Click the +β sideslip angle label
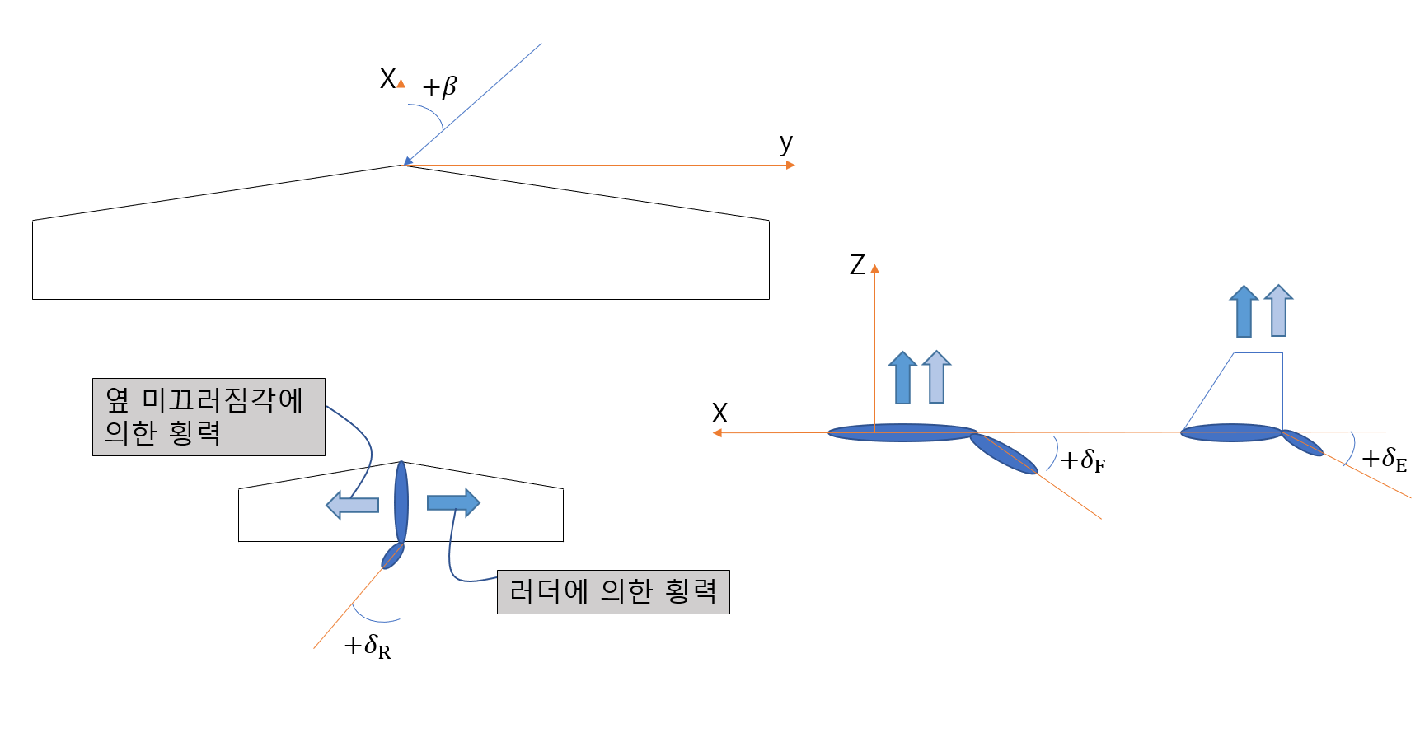[439, 86]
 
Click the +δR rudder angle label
[368, 646]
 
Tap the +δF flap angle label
[1082, 460]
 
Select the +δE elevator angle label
[1384, 460]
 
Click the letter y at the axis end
[786, 144]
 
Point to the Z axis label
[857, 265]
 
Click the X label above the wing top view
[387, 79]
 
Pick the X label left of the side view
[719, 413]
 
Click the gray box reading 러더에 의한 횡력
[613, 591]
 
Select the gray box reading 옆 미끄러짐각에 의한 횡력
[209, 417]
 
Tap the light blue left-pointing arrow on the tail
[353, 505]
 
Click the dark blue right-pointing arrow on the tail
[453, 502]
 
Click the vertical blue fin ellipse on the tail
[401, 502]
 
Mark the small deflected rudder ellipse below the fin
[392, 556]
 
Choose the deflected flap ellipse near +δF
[1003, 453]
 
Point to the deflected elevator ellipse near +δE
[1302, 443]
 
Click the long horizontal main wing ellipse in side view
[902, 432]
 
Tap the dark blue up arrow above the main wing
[903, 377]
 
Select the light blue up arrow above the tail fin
[1278, 310]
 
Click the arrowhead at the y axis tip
[790, 166]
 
